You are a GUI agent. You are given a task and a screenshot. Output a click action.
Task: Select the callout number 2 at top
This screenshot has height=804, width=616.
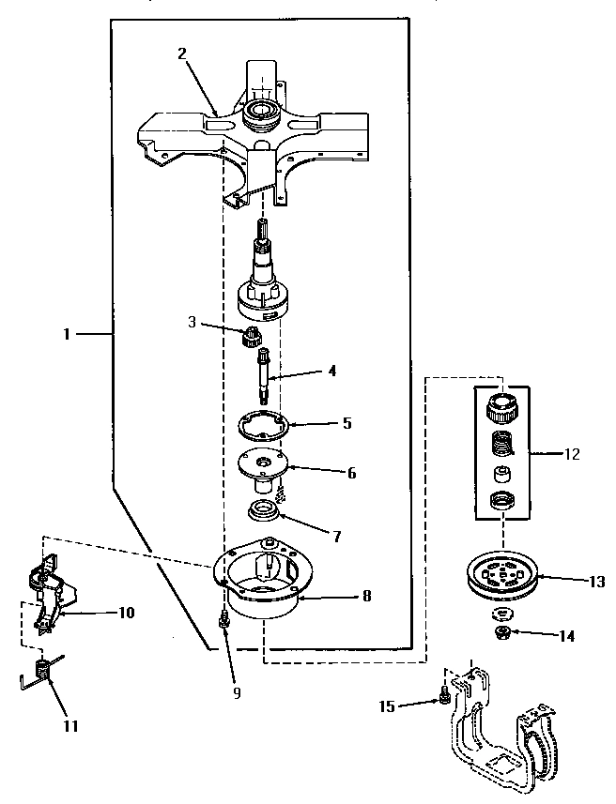tap(182, 53)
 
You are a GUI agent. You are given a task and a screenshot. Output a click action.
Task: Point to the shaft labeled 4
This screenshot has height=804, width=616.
tap(265, 376)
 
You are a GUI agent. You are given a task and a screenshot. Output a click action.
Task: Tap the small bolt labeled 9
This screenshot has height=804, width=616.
tap(225, 620)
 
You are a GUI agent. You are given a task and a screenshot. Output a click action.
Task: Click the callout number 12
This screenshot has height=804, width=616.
tap(572, 454)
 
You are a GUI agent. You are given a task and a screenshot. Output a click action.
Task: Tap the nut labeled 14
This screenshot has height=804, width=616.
tap(502, 632)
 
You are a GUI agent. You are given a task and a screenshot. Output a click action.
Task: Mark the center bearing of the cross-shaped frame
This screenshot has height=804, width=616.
tap(260, 116)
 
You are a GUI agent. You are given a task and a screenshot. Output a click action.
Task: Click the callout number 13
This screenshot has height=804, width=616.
tap(596, 581)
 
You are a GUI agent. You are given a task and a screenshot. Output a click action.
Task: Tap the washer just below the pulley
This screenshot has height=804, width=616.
tap(502, 614)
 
